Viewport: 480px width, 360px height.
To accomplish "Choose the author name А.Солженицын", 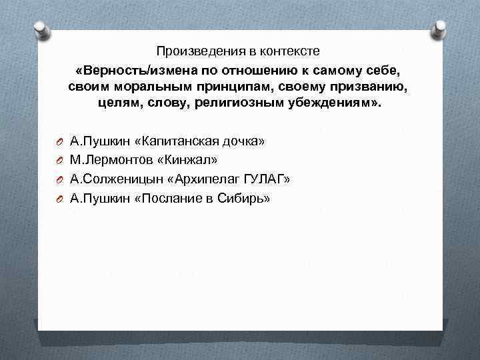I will point(109,179).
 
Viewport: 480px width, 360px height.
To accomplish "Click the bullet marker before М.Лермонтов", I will point(59,161).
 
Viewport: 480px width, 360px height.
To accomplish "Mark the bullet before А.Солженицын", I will point(59,180).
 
